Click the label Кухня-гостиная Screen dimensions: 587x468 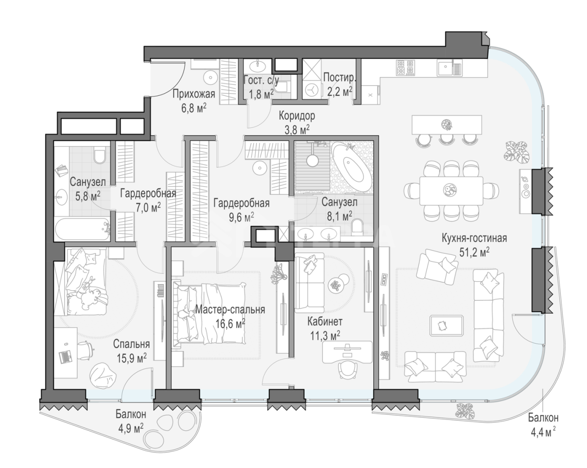(474, 238)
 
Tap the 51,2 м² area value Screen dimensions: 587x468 (474, 253)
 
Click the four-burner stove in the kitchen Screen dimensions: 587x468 (405, 68)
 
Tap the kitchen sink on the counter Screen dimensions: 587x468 (449, 68)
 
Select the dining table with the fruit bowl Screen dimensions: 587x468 (451, 191)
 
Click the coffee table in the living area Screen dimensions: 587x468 (447, 325)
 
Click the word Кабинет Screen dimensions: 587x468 (325, 321)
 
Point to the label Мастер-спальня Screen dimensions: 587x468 (230, 309)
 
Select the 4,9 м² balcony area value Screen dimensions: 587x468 (131, 429)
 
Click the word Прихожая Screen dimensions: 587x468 (194, 94)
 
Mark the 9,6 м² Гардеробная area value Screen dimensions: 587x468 (242, 218)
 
